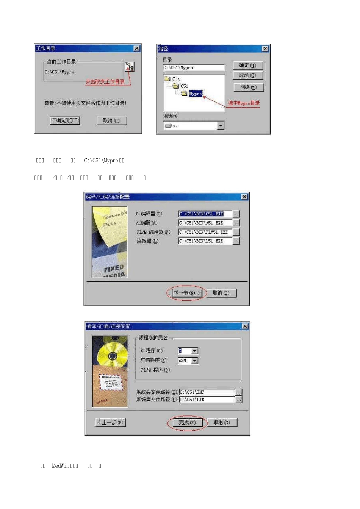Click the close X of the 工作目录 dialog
(136, 48)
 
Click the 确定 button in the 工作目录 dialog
(65, 121)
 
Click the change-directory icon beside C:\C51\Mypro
(130, 67)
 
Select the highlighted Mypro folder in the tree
(196, 94)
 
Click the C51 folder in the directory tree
(184, 86)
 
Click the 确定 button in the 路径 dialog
(247, 66)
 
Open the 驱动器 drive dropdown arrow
(221, 125)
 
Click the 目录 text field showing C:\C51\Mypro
(194, 68)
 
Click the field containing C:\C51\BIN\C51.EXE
(205, 214)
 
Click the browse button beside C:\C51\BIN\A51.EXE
(236, 223)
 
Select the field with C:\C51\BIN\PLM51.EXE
(205, 232)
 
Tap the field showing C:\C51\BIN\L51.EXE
(205, 241)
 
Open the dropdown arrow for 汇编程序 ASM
(194, 361)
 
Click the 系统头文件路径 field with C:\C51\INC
(207, 392)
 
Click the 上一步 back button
(111, 422)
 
